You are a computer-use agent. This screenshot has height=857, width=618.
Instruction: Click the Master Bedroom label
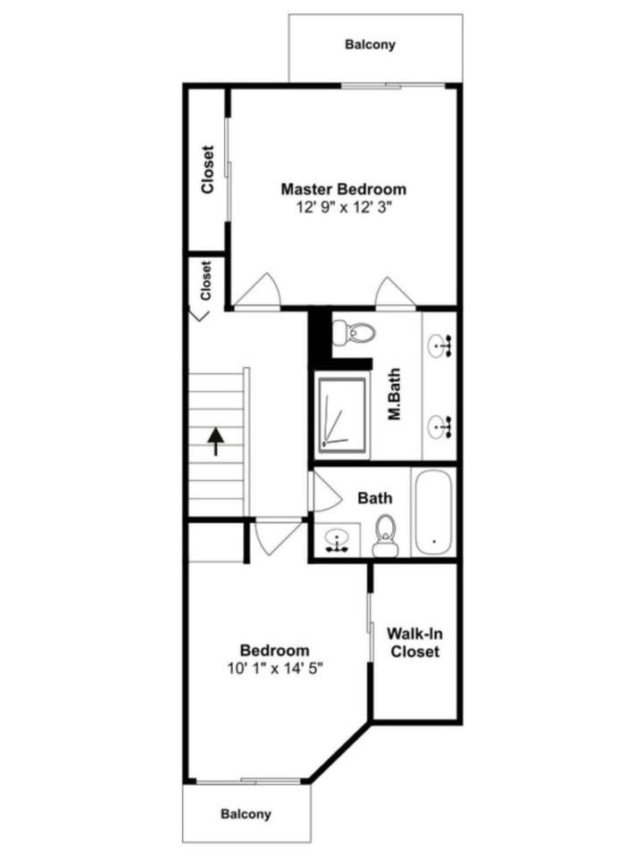343,189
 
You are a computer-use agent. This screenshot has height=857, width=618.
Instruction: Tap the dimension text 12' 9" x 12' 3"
345,207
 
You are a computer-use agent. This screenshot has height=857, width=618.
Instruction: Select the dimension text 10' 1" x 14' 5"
274,668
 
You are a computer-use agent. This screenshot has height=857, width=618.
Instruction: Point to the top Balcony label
370,44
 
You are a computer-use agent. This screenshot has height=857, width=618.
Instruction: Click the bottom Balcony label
246,814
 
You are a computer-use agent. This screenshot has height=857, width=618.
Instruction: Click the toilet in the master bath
354,333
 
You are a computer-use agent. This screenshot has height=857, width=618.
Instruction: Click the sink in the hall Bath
337,540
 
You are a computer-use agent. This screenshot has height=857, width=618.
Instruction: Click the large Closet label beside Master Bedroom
208,170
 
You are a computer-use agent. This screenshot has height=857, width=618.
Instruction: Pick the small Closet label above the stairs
205,280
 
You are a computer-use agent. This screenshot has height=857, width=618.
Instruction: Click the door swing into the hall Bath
322,492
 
